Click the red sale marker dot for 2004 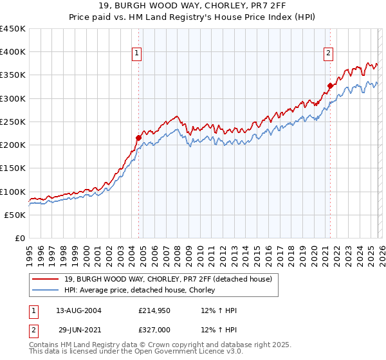pyautogui.click(x=138, y=138)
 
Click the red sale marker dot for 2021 pyautogui.click(x=330, y=85)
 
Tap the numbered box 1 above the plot pyautogui.click(x=138, y=53)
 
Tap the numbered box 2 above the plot pyautogui.click(x=328, y=53)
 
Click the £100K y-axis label pyautogui.click(x=13, y=192)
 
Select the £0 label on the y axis pyautogui.click(x=19, y=238)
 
